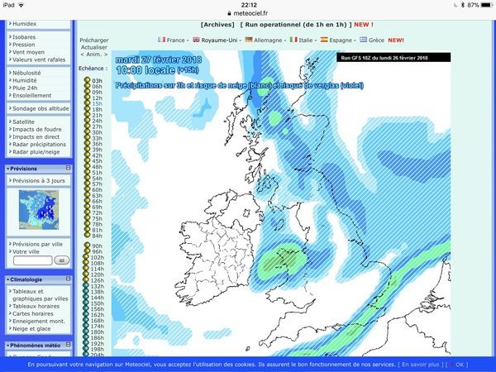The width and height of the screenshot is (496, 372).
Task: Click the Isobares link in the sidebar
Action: click(x=25, y=36)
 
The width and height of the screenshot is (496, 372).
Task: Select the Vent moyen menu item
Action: click(x=29, y=51)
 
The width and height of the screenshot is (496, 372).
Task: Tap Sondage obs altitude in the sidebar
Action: click(x=41, y=108)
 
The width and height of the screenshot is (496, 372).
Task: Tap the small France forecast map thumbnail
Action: click(x=41, y=210)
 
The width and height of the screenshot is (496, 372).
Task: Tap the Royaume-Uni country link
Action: click(x=219, y=40)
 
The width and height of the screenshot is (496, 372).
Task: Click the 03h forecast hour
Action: click(x=97, y=81)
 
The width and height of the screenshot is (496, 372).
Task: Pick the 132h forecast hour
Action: click(x=97, y=286)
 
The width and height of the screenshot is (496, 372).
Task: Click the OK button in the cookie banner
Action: click(x=460, y=365)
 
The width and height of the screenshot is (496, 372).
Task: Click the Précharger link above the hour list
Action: click(x=93, y=40)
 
